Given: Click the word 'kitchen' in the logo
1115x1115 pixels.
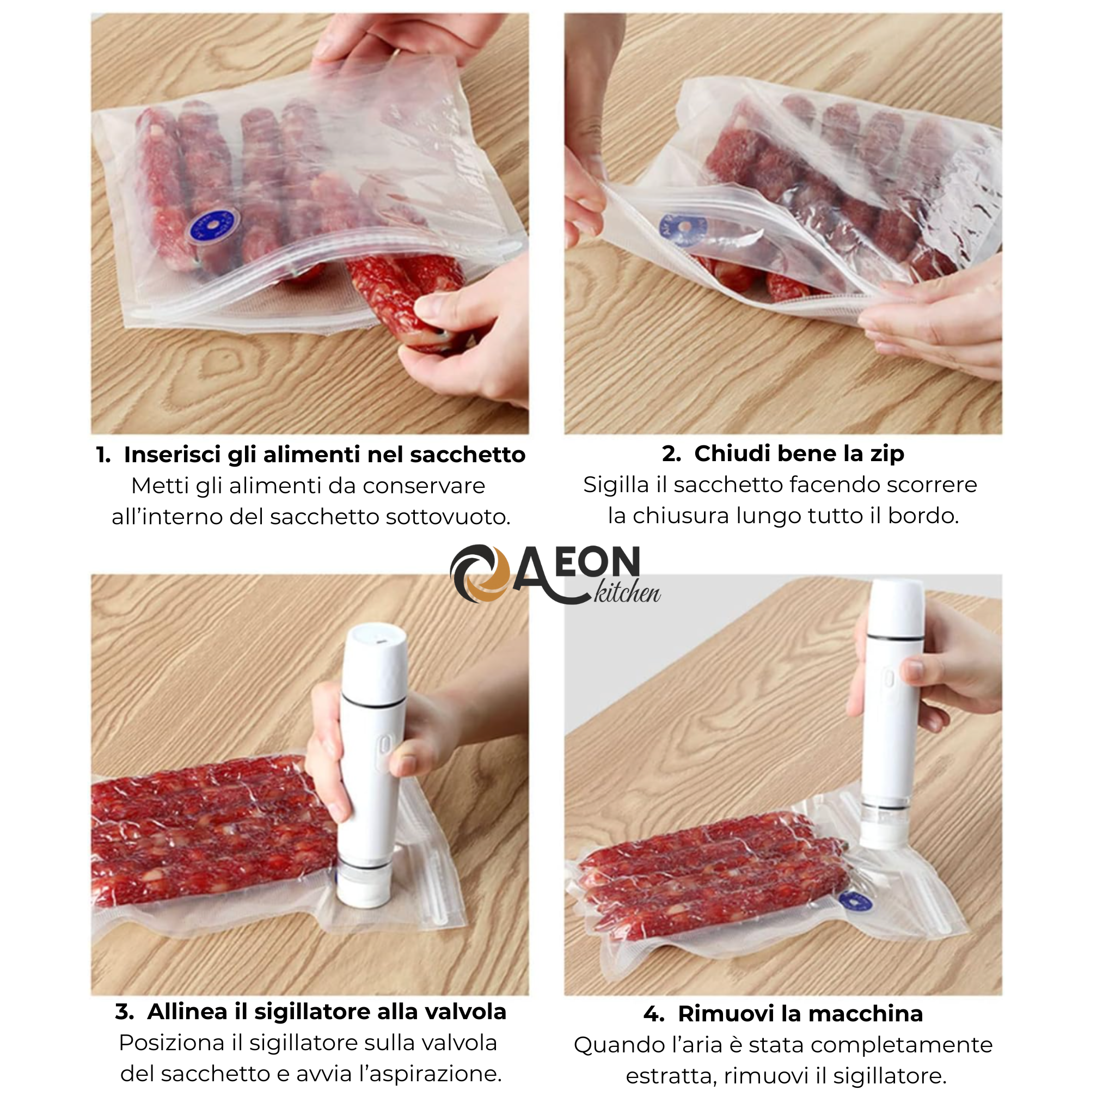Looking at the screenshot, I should pos(627,593).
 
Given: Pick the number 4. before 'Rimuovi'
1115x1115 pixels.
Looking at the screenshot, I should pos(653,1013).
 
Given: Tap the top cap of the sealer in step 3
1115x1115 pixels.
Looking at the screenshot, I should pos(377,641).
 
